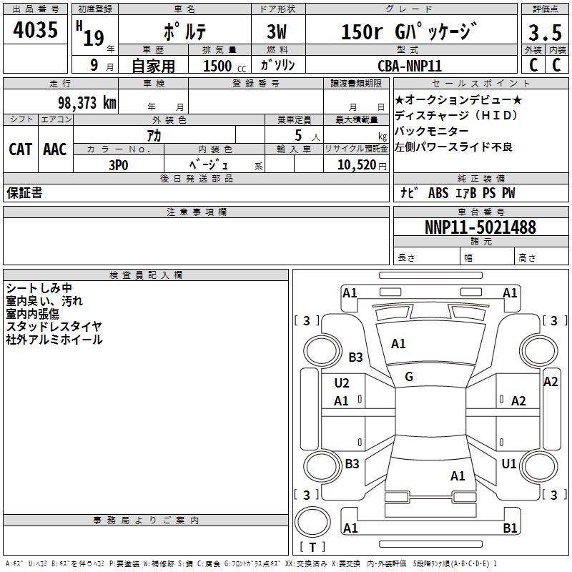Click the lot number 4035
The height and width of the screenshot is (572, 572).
[36, 31]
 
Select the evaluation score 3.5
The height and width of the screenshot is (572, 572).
[544, 32]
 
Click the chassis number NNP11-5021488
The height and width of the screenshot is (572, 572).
[480, 227]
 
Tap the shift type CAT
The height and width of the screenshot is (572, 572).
[20, 149]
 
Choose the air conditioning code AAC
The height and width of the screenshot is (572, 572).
[54, 149]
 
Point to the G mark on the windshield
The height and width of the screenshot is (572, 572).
[409, 377]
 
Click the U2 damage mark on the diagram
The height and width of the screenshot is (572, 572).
[342, 383]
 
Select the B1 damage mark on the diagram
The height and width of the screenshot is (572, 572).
[510, 528]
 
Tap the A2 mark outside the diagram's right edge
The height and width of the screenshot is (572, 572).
[551, 382]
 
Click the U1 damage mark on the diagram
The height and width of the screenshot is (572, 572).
[509, 464]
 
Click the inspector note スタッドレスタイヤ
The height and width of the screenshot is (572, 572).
[54, 327]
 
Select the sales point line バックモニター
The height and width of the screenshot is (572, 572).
[432, 132]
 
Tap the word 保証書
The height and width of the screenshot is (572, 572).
[24, 193]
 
